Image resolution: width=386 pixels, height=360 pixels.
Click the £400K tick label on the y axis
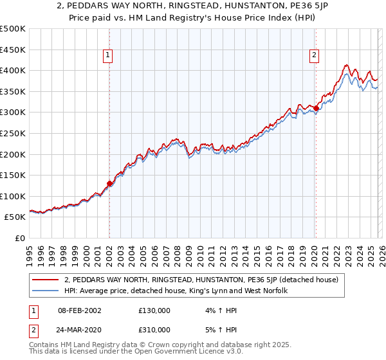(x=13, y=70)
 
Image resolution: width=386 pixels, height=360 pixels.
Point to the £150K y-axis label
(x=13, y=175)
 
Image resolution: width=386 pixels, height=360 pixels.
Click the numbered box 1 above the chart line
(x=108, y=56)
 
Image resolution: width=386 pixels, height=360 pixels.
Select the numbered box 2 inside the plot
(x=315, y=56)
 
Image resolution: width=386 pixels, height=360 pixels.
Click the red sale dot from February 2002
(x=109, y=183)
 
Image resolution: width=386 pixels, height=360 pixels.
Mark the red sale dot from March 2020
(x=316, y=108)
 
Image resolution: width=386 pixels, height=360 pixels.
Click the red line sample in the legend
(x=46, y=280)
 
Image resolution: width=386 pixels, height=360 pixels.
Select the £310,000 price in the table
(x=154, y=330)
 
